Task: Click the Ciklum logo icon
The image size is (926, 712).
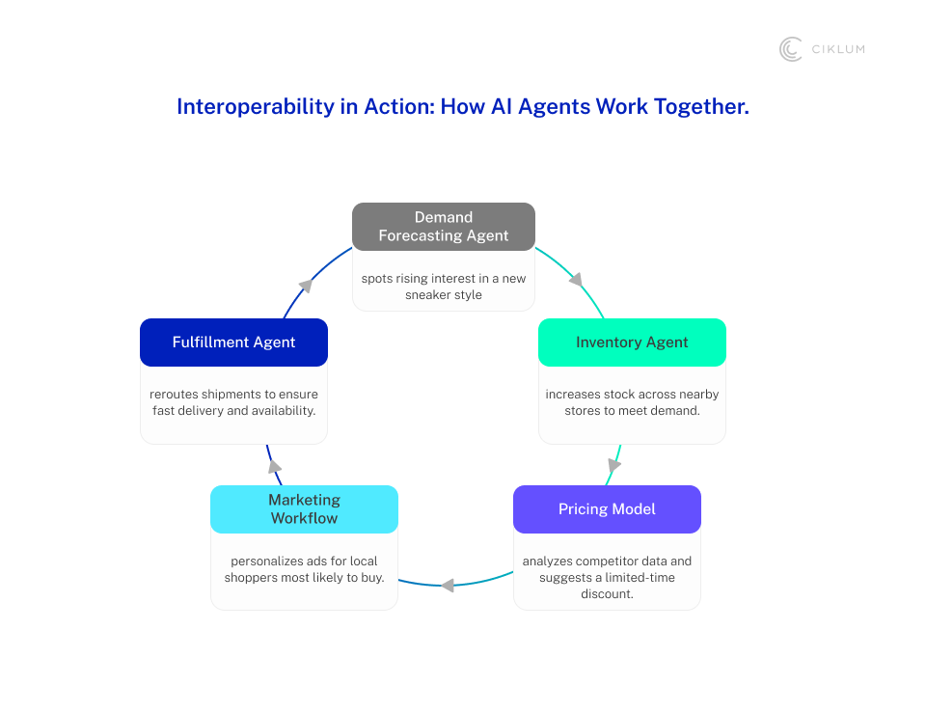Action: coord(791,49)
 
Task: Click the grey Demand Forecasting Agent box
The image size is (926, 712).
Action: coord(444,227)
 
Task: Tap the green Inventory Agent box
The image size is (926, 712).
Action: coord(632,342)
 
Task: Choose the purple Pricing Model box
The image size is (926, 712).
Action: coord(607,509)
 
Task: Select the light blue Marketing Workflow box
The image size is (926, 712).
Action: coord(304,509)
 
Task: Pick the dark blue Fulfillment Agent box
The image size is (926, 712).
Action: coord(233,342)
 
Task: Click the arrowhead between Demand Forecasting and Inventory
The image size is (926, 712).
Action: coord(577,281)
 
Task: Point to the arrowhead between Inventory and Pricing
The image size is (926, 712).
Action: coord(614,466)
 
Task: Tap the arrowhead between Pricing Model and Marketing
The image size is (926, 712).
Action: coord(447,585)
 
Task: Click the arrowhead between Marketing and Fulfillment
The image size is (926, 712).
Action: coord(275,466)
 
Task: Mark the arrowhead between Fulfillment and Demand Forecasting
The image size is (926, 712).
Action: coord(306,286)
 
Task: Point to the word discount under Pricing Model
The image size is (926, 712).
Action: coord(607,593)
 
